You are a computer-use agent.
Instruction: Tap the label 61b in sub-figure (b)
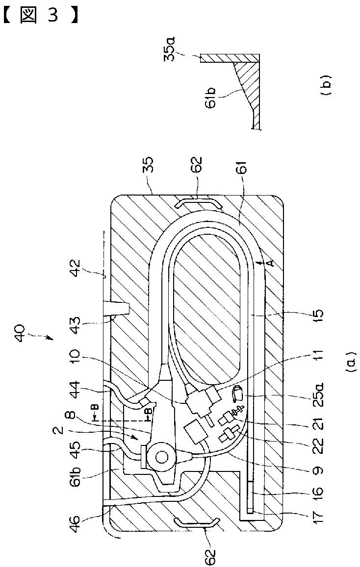[211, 97]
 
